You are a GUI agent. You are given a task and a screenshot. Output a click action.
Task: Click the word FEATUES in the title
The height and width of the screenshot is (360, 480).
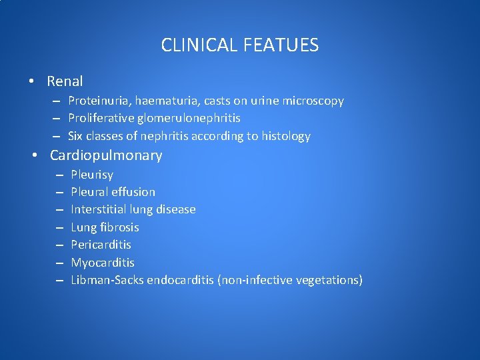[x=281, y=45]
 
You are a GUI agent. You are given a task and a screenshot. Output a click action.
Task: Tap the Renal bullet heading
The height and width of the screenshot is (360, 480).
[x=65, y=81]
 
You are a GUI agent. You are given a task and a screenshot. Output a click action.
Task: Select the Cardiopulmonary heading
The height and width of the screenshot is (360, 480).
[x=106, y=155]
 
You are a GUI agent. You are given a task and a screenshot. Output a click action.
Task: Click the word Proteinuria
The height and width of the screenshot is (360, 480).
[x=99, y=101]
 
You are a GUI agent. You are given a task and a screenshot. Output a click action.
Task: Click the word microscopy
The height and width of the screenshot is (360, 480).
[x=313, y=101]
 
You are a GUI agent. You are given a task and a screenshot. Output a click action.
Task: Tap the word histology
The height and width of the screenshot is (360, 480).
[x=287, y=136]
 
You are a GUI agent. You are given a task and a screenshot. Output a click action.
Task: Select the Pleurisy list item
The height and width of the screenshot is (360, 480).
[x=92, y=175]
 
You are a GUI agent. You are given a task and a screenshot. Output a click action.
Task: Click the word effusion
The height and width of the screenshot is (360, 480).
[x=133, y=192]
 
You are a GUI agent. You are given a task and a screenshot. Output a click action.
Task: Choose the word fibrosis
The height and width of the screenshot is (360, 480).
[x=119, y=227]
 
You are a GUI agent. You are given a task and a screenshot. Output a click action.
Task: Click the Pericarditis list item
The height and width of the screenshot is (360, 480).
[x=101, y=245]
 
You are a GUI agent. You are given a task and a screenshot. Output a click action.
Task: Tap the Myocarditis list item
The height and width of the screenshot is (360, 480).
[x=102, y=263]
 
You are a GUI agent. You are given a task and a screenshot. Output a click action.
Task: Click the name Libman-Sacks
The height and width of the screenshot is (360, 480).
[x=107, y=280]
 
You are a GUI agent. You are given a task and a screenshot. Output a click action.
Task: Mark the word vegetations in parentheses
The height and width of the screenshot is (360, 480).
[x=328, y=280]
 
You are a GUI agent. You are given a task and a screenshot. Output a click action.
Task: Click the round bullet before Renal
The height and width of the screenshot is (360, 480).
[x=32, y=82]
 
